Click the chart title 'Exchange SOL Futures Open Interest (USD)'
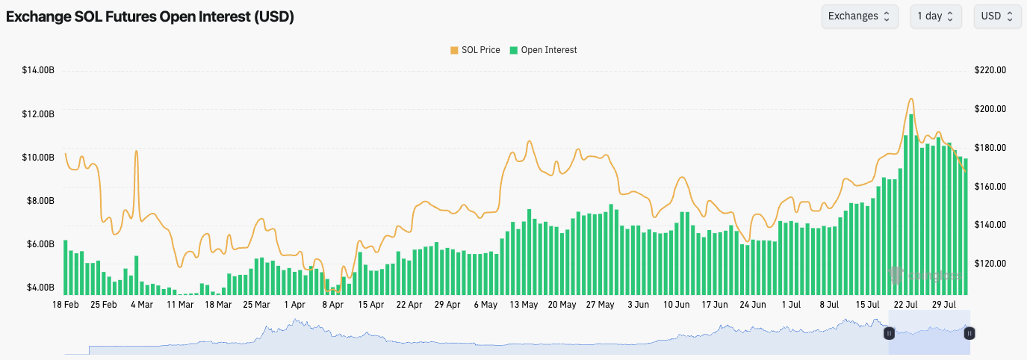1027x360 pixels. [x=150, y=17]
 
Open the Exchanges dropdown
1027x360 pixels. [x=859, y=16]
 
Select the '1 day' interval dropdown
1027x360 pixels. [x=935, y=16]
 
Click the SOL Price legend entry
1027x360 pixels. [x=475, y=50]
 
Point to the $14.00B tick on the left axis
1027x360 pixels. [x=38, y=70]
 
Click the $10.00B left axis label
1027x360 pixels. [x=38, y=157]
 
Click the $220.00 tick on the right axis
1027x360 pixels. [x=990, y=70]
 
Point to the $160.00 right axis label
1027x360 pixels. [x=990, y=186]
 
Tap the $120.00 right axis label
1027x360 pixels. [x=990, y=264]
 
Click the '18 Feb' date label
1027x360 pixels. [x=65, y=305]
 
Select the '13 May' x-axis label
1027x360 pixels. [x=524, y=305]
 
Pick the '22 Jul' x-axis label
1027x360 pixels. [x=906, y=305]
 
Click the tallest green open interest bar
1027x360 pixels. [x=911, y=202]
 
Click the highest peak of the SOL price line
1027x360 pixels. [x=910, y=99]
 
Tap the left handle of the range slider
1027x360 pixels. [x=889, y=333]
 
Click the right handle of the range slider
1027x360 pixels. [x=969, y=333]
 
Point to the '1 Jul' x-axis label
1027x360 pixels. [x=791, y=305]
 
